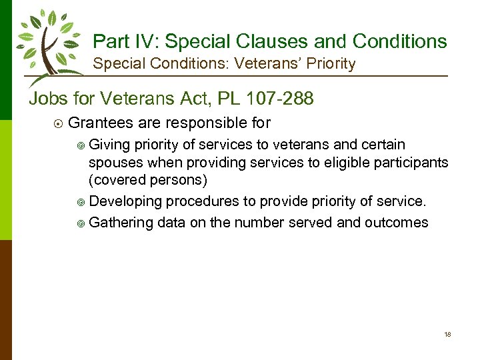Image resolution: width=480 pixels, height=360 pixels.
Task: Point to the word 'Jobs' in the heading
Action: click(x=49, y=99)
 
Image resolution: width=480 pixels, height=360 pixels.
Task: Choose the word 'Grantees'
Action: click(x=99, y=123)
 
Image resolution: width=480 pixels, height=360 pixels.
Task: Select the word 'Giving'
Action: click(x=110, y=145)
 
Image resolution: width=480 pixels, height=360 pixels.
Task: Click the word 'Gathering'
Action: click(x=121, y=223)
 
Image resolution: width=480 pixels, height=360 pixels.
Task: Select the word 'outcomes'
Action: click(x=396, y=223)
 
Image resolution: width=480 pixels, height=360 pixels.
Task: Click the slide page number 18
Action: click(x=447, y=334)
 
